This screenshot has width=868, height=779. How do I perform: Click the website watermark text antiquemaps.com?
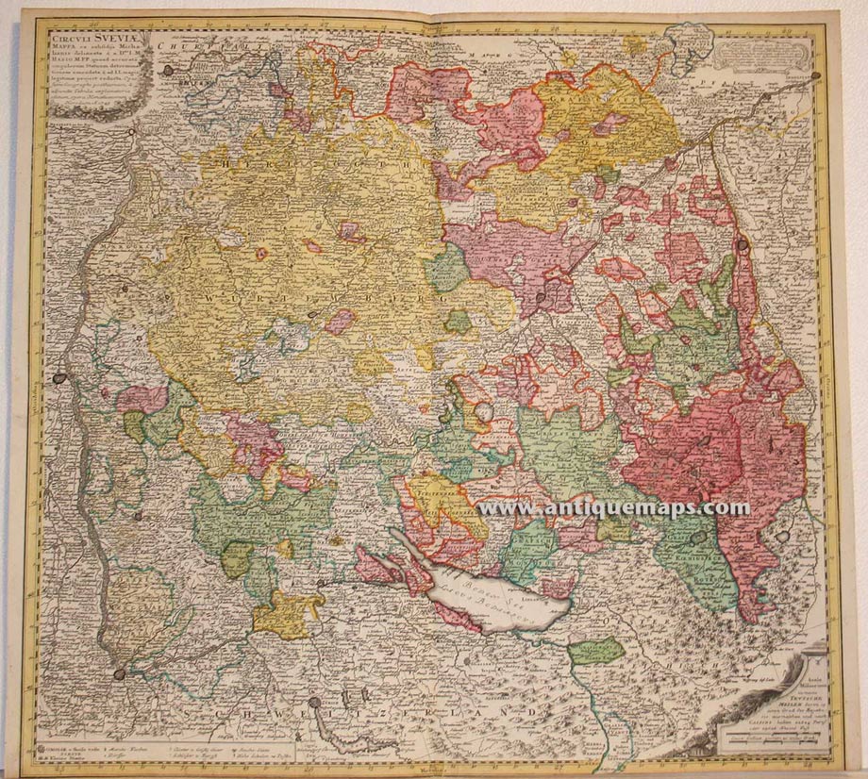coord(613,507)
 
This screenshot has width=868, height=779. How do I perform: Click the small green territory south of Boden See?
coord(596,651)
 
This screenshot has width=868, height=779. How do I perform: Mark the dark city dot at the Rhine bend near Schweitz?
coord(120,673)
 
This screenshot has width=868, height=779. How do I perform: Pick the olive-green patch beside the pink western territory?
coord(136,427)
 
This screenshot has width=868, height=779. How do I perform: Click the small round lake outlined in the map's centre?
coord(485,412)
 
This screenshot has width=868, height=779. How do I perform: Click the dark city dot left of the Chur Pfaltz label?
coord(169,70)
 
